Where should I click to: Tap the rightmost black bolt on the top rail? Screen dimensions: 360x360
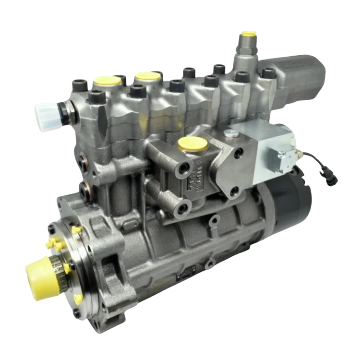[267, 74]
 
